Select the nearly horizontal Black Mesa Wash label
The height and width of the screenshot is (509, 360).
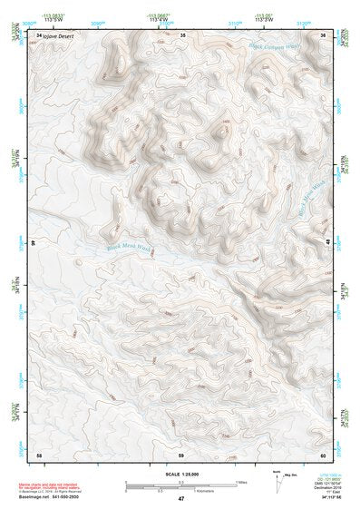(128, 244)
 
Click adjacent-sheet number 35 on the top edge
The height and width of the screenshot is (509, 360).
(181, 34)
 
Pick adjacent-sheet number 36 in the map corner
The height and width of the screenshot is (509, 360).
(324, 34)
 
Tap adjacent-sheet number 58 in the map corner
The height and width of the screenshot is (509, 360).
(38, 453)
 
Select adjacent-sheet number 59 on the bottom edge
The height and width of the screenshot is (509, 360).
(181, 453)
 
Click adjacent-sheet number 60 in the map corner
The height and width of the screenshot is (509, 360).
(324, 453)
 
